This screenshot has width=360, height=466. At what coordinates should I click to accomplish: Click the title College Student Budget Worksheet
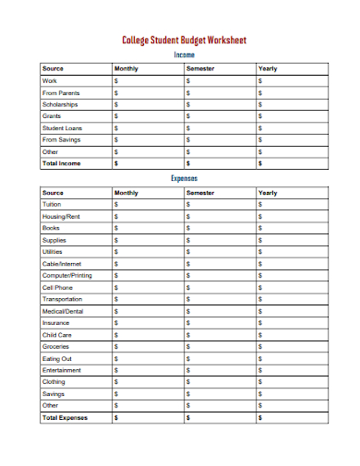[185, 41]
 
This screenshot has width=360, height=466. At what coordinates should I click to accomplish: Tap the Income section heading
[185, 55]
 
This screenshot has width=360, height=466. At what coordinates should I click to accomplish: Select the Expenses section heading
[185, 178]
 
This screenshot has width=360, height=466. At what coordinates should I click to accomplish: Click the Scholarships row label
[60, 105]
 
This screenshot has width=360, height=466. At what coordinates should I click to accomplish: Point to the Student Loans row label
[62, 128]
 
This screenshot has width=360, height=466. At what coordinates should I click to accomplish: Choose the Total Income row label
[62, 163]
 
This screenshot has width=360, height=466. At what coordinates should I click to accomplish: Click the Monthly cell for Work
[146, 81]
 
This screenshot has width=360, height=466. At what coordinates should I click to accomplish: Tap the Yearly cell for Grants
[293, 116]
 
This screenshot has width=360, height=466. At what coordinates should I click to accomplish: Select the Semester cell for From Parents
[220, 93]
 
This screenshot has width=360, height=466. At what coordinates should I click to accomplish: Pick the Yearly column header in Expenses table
[268, 193]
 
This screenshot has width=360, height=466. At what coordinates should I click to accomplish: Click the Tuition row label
[52, 204]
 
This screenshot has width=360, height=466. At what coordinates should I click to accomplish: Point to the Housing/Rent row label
[61, 216]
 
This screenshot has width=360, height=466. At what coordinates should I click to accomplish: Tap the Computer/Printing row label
[67, 275]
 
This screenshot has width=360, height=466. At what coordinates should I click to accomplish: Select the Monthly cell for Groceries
[146, 346]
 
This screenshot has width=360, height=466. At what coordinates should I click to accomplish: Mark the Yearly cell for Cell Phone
[293, 287]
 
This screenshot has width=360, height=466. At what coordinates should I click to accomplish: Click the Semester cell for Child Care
[220, 335]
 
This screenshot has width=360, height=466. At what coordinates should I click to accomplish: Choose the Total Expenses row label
[65, 417]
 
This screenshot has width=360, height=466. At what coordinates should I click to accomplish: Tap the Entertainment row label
[62, 370]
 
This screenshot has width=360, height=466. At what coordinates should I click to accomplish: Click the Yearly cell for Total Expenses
[293, 417]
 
